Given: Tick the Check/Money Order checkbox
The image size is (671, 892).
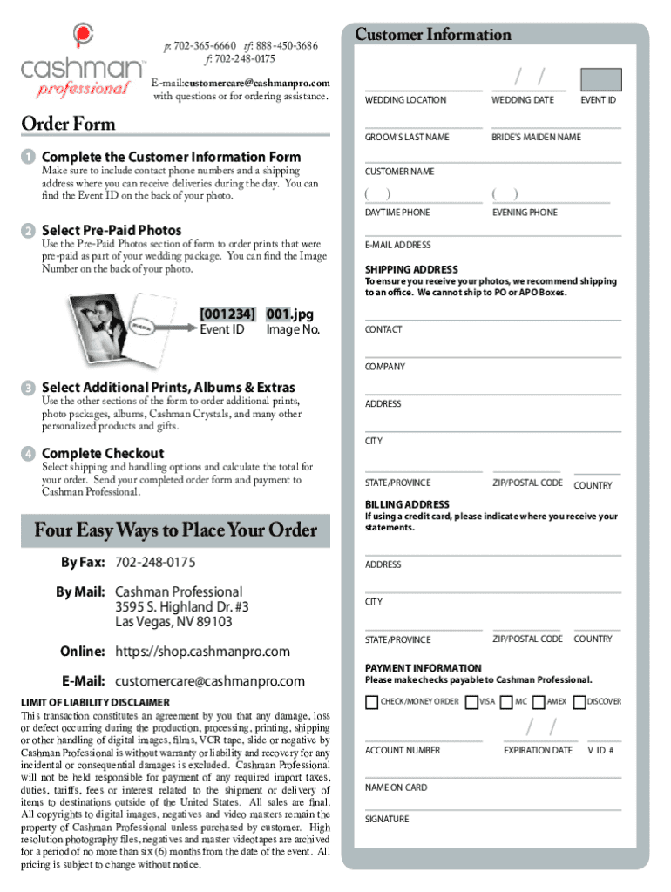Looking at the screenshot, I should tap(372, 702).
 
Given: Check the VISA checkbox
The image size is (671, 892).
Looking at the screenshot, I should tap(471, 702).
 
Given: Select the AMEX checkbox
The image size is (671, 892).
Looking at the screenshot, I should tap(539, 702).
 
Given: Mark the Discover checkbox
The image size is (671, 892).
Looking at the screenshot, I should tap(579, 702).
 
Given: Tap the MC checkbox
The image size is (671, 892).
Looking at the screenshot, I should tap(506, 702).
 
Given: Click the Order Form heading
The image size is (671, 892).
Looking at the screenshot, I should tap(68, 124).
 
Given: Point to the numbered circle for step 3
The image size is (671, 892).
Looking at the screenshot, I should tap(29, 388).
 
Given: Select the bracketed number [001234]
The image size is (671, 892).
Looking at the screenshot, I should tap(227, 314).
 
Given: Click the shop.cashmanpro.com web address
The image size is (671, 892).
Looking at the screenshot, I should tap(202, 652).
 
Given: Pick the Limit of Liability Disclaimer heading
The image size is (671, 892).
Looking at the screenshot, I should tap(95, 702).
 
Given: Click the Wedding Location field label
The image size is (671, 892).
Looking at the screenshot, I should tap(405, 100).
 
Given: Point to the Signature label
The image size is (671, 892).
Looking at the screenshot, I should tap(386, 819).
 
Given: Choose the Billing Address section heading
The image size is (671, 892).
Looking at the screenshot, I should tap(407, 504).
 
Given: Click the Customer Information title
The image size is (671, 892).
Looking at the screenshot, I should tap(432, 35).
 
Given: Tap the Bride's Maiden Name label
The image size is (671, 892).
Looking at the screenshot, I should tap(536, 138).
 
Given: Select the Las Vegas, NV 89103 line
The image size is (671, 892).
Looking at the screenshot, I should tap(173, 622).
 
